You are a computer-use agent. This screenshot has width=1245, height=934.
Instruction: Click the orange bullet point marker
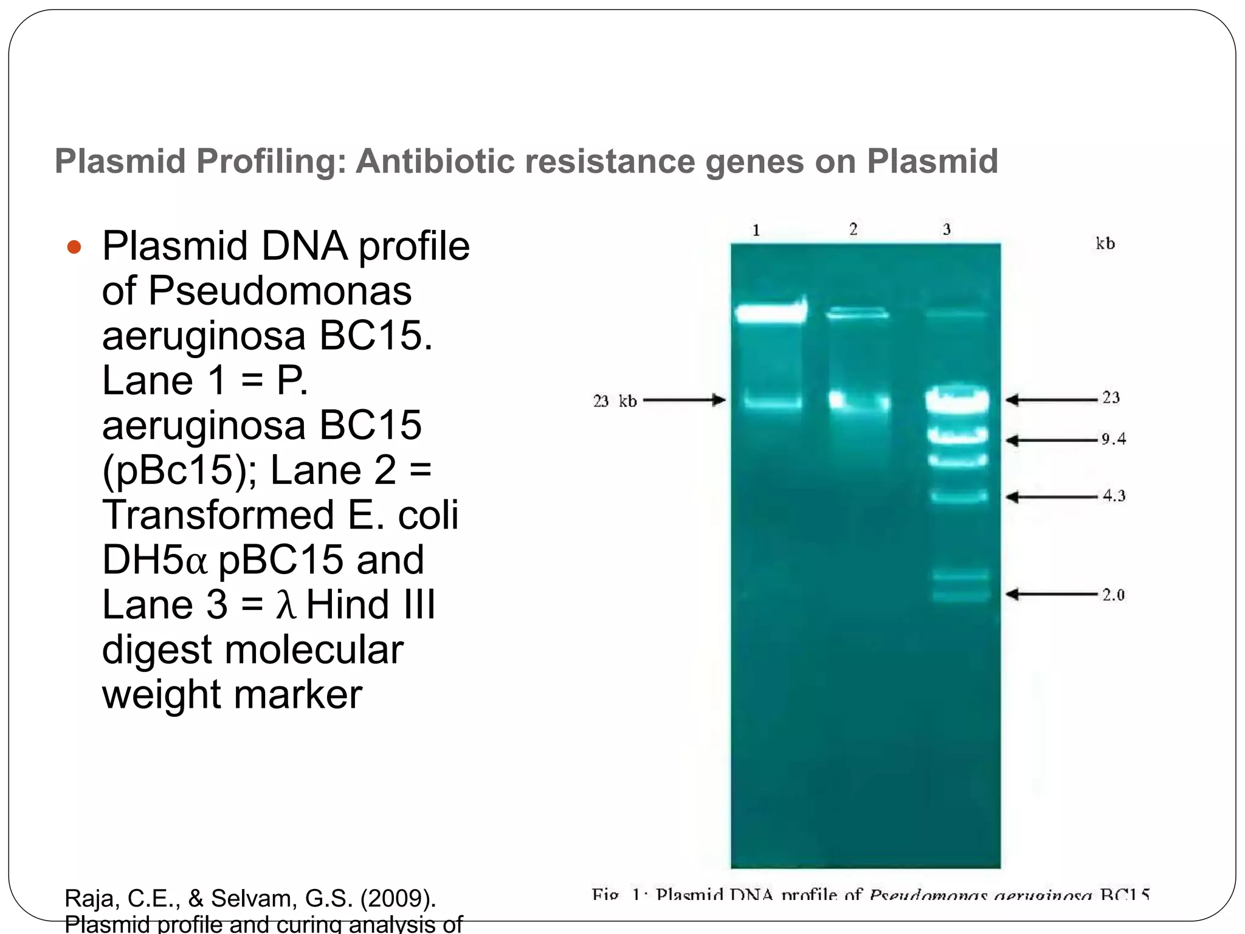(74, 247)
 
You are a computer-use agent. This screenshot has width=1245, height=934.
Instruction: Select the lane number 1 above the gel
(756, 230)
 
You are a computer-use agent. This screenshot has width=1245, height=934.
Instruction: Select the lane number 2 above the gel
(854, 229)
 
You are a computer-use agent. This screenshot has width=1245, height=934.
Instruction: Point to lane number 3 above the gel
(947, 229)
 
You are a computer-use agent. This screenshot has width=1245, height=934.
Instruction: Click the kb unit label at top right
(1105, 244)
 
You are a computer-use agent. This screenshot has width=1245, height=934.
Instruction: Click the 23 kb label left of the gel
(615, 401)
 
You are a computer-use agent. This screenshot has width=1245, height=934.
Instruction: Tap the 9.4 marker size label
(1114, 439)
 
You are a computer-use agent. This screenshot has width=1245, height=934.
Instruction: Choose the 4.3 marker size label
(1114, 496)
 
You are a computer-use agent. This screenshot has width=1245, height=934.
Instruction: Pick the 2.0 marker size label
(1114, 595)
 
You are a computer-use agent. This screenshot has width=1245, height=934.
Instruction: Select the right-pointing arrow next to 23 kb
(685, 400)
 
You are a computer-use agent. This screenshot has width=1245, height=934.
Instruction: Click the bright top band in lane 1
(770, 313)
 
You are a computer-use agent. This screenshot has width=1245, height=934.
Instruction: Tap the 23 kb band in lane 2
(859, 401)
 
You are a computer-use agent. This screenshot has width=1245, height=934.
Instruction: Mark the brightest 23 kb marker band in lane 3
(957, 400)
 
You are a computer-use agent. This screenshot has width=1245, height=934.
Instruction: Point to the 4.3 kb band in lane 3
(959, 496)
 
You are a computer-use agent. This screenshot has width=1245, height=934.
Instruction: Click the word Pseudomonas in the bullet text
(280, 291)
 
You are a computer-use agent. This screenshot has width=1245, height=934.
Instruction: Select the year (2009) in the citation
(398, 898)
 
